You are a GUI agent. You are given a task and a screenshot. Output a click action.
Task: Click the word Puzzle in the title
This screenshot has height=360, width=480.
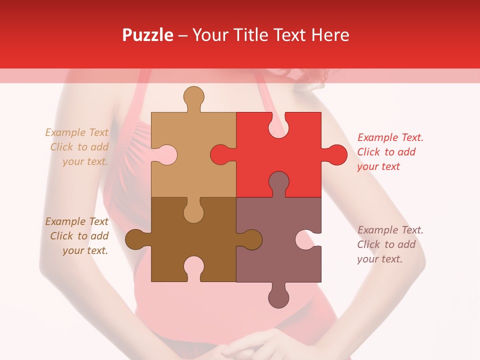(148, 35)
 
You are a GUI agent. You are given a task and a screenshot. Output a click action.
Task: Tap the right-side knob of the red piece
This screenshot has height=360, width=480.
(336, 155)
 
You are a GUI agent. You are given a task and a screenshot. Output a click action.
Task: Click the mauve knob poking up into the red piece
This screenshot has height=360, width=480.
(278, 182)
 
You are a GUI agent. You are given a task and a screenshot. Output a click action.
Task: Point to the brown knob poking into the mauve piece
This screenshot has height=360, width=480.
(251, 239)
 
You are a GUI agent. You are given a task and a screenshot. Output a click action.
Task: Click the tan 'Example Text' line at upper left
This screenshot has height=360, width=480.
(76, 132)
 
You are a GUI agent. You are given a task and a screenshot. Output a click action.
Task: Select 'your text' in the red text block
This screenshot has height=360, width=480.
(378, 166)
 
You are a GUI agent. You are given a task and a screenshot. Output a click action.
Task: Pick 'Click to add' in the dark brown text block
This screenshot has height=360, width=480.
(79, 236)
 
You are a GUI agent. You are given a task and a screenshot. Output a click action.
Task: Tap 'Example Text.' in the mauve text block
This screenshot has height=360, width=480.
(390, 230)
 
